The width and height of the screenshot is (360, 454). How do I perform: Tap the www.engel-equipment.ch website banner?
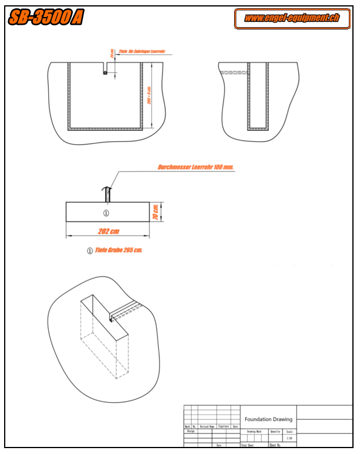tap(292, 18)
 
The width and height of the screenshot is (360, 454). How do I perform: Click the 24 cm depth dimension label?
tap(111, 54)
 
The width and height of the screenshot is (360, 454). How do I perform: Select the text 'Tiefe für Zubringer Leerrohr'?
tap(142, 52)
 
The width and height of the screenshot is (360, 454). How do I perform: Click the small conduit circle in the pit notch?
tap(105, 72)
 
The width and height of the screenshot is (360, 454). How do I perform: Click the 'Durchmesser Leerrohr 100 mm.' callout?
tap(196, 167)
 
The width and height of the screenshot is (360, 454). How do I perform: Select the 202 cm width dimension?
tap(108, 231)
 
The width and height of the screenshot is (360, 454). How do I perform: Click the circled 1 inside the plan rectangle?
tap(106, 213)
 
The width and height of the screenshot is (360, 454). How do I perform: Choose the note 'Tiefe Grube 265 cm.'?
tap(119, 250)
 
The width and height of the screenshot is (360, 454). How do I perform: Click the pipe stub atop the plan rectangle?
tap(106, 194)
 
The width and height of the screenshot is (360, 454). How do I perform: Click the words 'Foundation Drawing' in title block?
tap(268, 419)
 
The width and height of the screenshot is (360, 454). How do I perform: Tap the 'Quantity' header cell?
tap(275, 432)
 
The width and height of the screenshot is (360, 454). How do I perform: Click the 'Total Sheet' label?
tap(246, 445)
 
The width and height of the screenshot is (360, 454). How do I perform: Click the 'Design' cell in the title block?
tap(191, 431)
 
